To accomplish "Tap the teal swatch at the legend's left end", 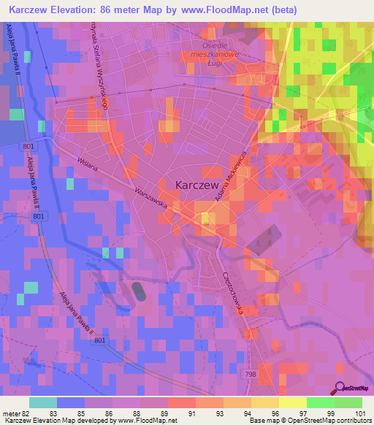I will pos(42,402).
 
